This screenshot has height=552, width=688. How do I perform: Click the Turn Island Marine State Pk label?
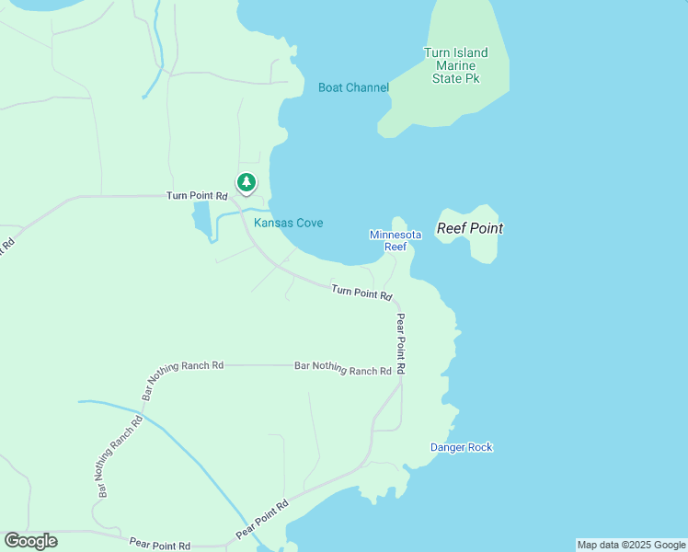click(455, 65)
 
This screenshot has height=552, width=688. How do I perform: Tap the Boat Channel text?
click(353, 87)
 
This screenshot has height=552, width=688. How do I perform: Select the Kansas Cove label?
click(288, 223)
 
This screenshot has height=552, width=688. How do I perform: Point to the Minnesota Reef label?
click(396, 240)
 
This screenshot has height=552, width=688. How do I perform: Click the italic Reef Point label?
click(469, 228)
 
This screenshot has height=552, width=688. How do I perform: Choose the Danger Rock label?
click(461, 447)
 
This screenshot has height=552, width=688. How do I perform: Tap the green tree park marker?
click(246, 182)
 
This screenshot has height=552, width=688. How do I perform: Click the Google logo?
click(30, 540)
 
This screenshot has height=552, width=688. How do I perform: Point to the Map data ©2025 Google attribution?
click(631, 545)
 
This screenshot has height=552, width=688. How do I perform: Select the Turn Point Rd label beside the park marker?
click(197, 196)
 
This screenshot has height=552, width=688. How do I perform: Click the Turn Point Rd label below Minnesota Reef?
click(362, 293)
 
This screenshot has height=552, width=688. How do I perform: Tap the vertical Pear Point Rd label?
click(401, 343)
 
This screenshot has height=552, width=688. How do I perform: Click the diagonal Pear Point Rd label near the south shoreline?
click(262, 520)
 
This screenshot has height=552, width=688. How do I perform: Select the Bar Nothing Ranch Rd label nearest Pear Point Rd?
click(343, 368)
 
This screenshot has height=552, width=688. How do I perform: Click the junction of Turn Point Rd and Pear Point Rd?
click(398, 302)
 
